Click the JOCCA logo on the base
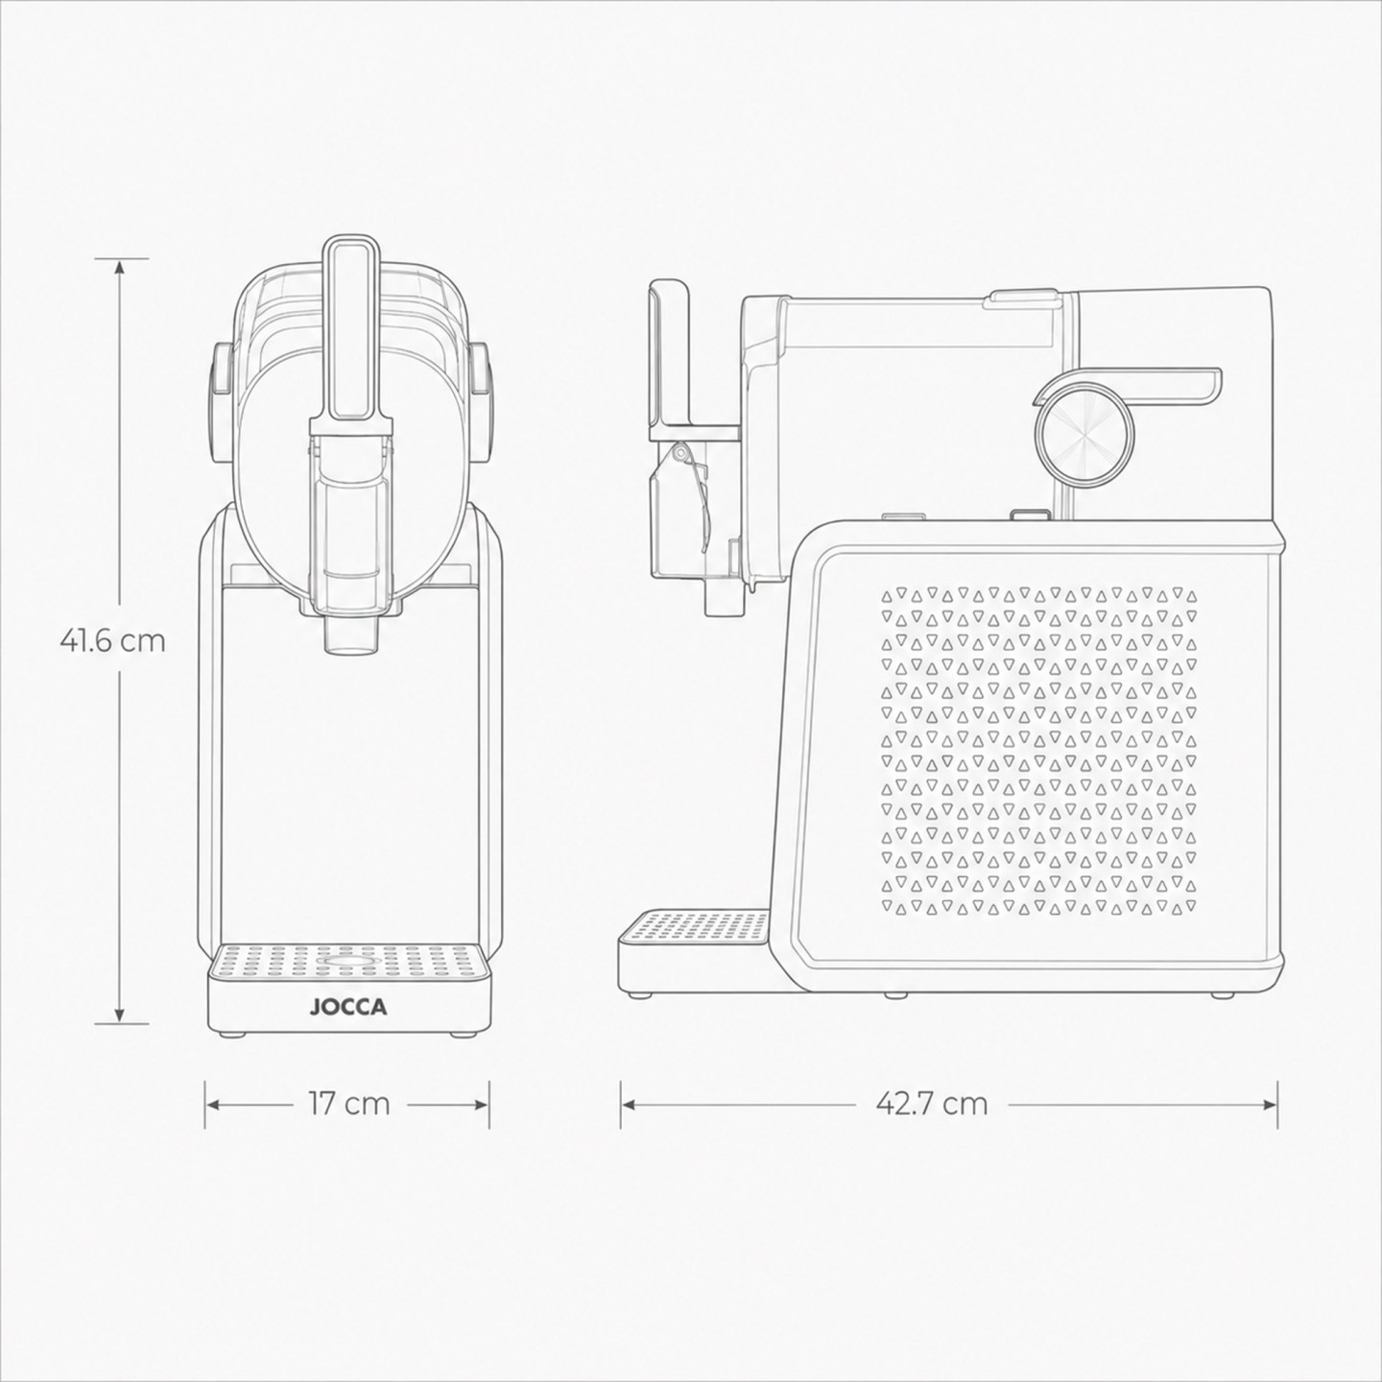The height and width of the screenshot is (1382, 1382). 348,1008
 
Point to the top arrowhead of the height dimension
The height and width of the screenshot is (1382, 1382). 120,268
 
